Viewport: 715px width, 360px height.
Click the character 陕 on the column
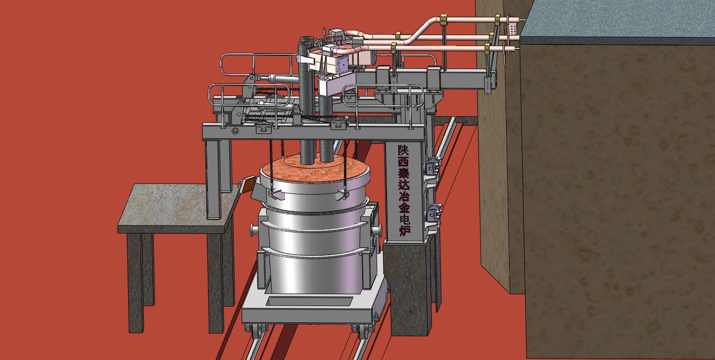click(403, 151)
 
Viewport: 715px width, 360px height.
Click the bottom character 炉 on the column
click(405, 230)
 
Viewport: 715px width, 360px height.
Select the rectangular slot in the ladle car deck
click(311, 301)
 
